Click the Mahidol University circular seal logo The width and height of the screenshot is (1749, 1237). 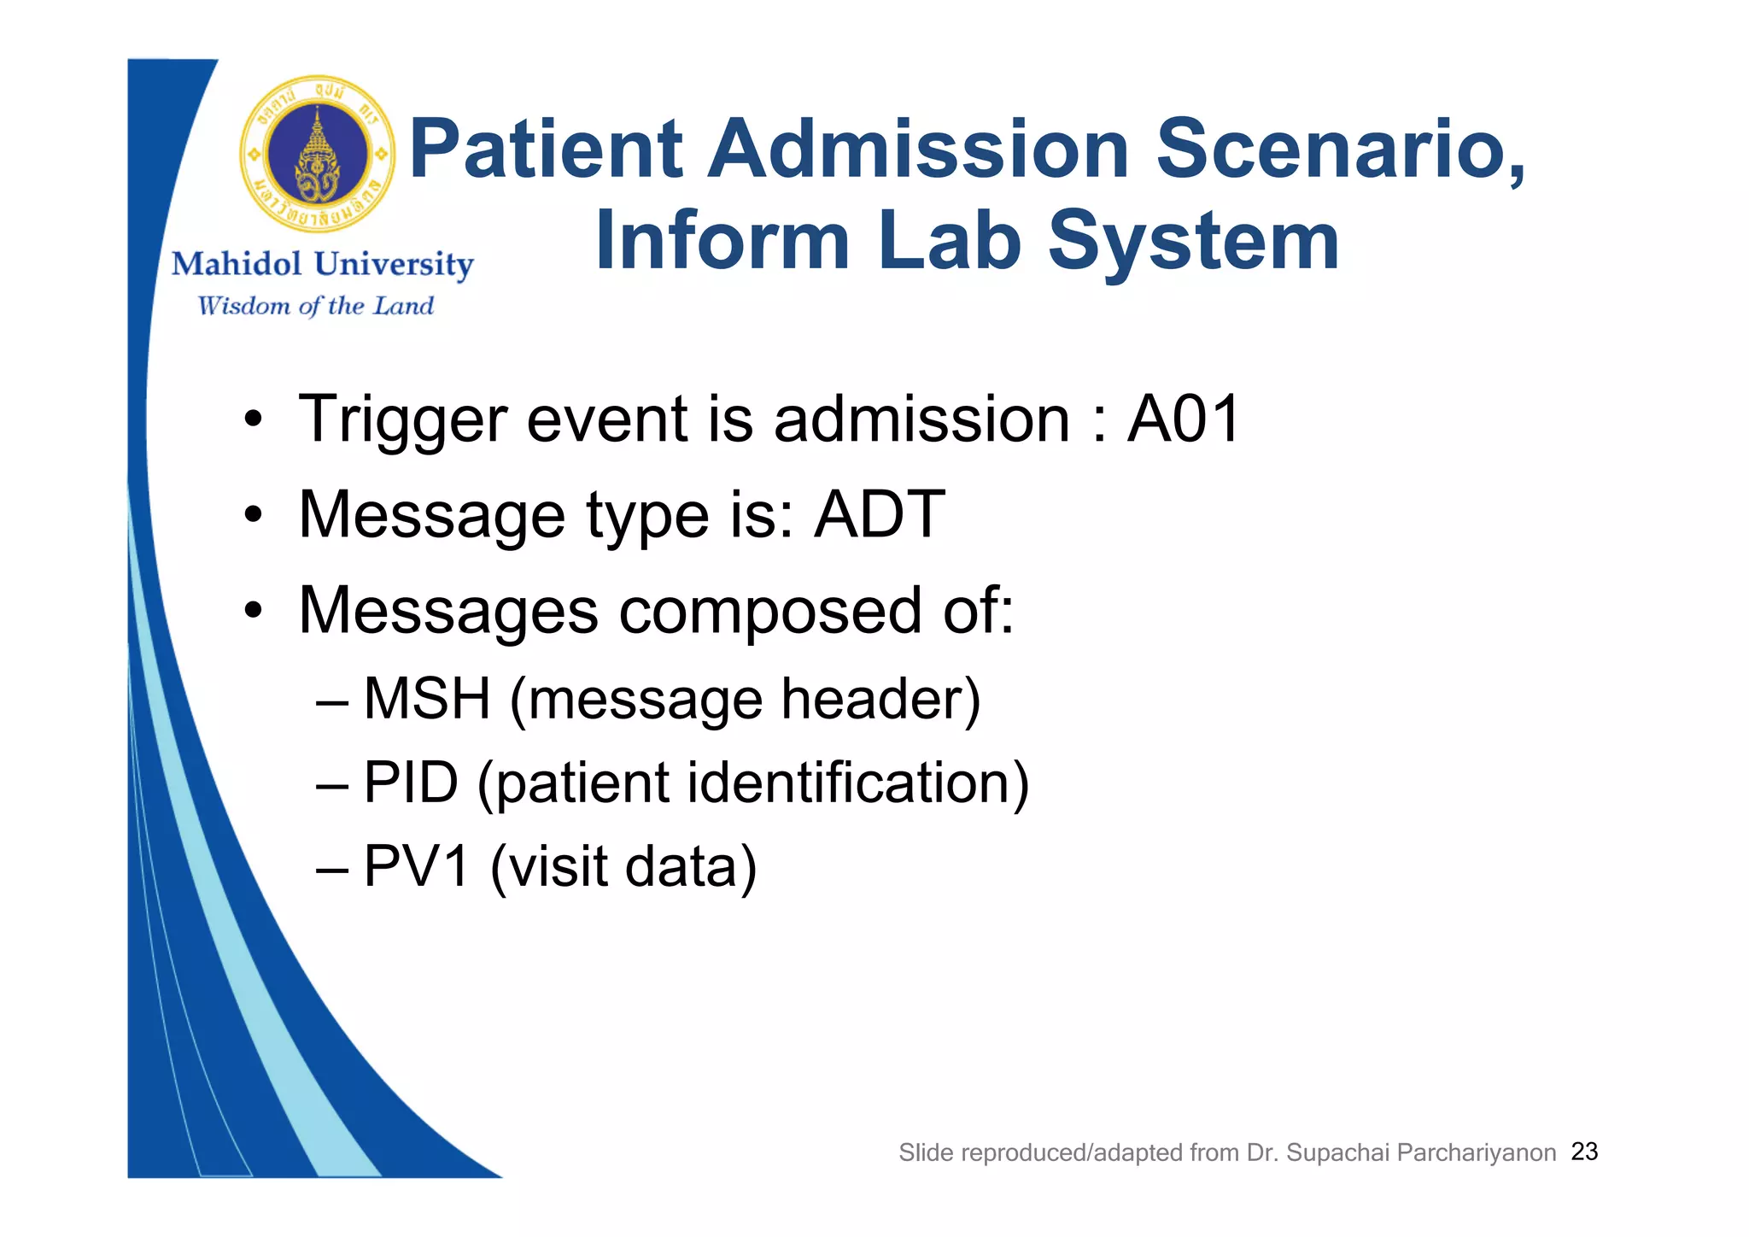318,155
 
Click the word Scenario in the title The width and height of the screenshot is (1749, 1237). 1339,149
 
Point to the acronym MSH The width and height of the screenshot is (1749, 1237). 427,699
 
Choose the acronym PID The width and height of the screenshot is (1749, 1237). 411,783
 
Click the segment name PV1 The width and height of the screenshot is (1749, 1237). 417,866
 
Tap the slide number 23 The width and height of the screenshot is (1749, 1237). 1584,1152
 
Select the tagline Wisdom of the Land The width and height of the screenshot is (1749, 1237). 315,306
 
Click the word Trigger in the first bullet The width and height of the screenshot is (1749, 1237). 401,420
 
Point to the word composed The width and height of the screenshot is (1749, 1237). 769,612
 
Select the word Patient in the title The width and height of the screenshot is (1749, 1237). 547,149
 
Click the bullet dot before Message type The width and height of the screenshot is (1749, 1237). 252,515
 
